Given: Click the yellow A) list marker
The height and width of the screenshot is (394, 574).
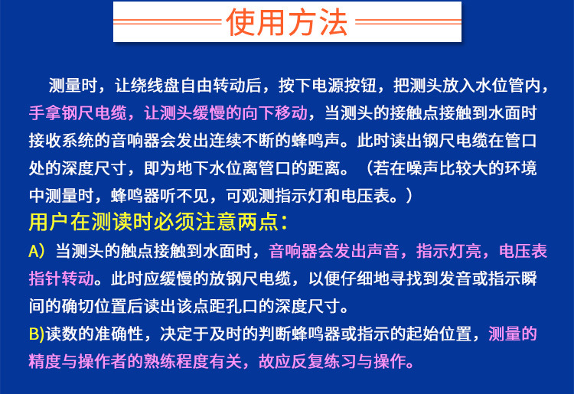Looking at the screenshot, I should coord(37,251).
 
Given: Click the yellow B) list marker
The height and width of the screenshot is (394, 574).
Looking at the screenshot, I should coord(37,334).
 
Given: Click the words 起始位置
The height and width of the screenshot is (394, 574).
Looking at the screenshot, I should coord(444,334).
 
